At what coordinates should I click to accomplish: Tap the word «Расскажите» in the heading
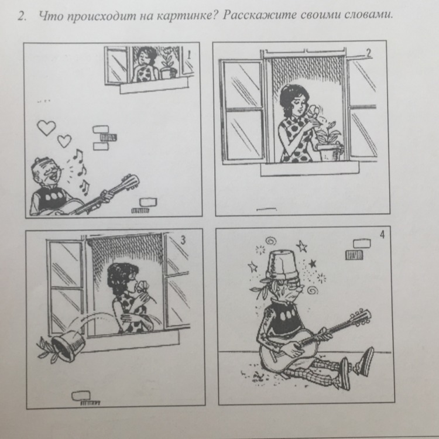[x=259, y=15]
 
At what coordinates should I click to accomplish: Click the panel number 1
[x=189, y=54]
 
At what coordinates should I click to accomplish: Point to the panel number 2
[x=369, y=53]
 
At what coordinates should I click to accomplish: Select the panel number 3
[x=183, y=239]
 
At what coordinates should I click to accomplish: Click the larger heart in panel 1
[x=46, y=128]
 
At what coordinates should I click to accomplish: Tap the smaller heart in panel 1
[x=64, y=141]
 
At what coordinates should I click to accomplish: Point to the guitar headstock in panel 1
[x=129, y=182]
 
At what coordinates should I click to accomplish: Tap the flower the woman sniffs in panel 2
[x=313, y=111]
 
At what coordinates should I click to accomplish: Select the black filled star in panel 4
[x=312, y=263]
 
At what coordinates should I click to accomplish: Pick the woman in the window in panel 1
[x=146, y=64]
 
